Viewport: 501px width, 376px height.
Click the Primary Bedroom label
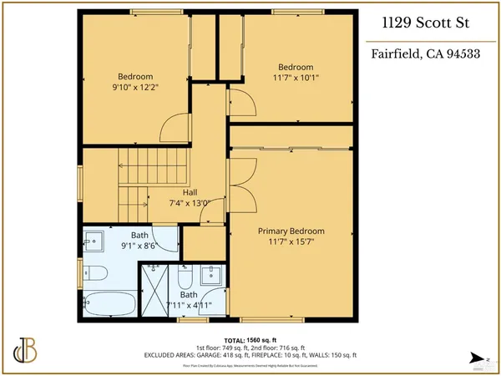point(290,231)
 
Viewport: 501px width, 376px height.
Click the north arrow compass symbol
point(476,357)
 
